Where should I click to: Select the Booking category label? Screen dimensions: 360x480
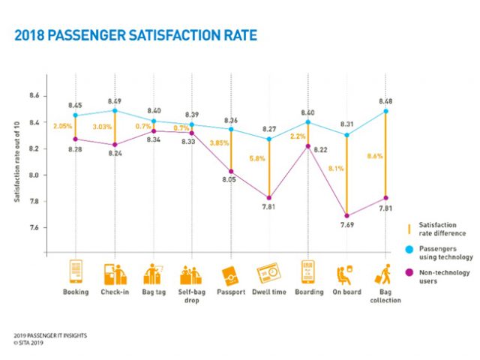pyautogui.click(x=75, y=292)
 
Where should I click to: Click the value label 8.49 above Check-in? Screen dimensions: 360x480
pyautogui.click(x=114, y=101)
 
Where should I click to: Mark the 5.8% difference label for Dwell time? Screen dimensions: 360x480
pyautogui.click(x=256, y=159)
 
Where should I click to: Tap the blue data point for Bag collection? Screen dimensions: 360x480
pyautogui.click(x=385, y=111)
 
